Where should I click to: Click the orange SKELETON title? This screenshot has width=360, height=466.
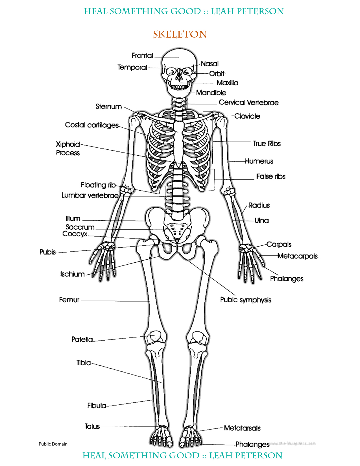[x=180, y=34]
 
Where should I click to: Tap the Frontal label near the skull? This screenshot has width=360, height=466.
[x=142, y=56]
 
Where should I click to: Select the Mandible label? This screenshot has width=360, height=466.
[x=211, y=93]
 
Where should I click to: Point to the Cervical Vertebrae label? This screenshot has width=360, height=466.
[x=248, y=103]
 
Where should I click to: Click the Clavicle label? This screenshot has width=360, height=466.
[x=247, y=116]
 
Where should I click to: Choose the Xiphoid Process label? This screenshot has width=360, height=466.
[x=68, y=149]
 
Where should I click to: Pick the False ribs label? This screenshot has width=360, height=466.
[x=270, y=177]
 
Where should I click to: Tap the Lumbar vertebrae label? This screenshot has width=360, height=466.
[x=90, y=195]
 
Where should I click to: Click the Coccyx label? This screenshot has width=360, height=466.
[x=75, y=234]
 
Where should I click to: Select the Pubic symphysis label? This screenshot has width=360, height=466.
[x=246, y=300]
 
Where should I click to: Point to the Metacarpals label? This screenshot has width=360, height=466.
[x=297, y=256]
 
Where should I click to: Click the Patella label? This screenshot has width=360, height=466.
[x=82, y=339]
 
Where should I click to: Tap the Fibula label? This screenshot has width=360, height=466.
[x=97, y=406]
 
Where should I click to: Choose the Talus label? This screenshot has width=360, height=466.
[x=92, y=426]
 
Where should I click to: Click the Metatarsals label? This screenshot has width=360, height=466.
[x=242, y=428]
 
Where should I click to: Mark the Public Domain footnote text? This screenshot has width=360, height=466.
[x=53, y=444]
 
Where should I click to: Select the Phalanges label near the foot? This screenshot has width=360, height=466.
[x=252, y=445]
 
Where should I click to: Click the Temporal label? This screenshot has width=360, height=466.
[x=132, y=67]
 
